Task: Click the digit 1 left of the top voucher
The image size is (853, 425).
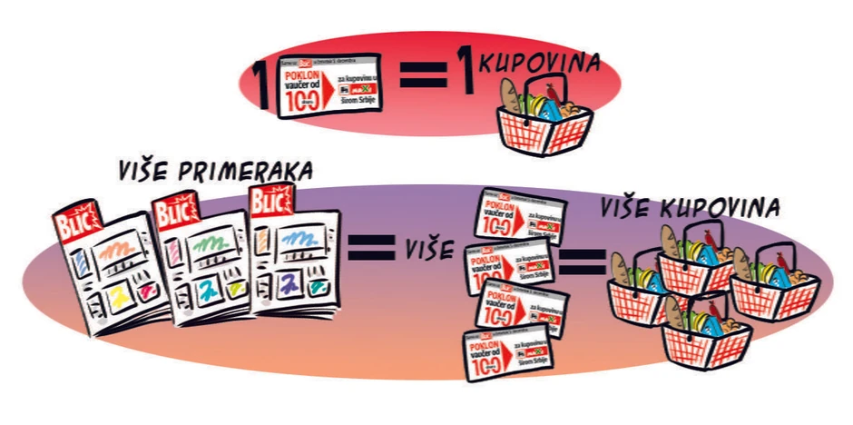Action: tap(262, 83)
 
